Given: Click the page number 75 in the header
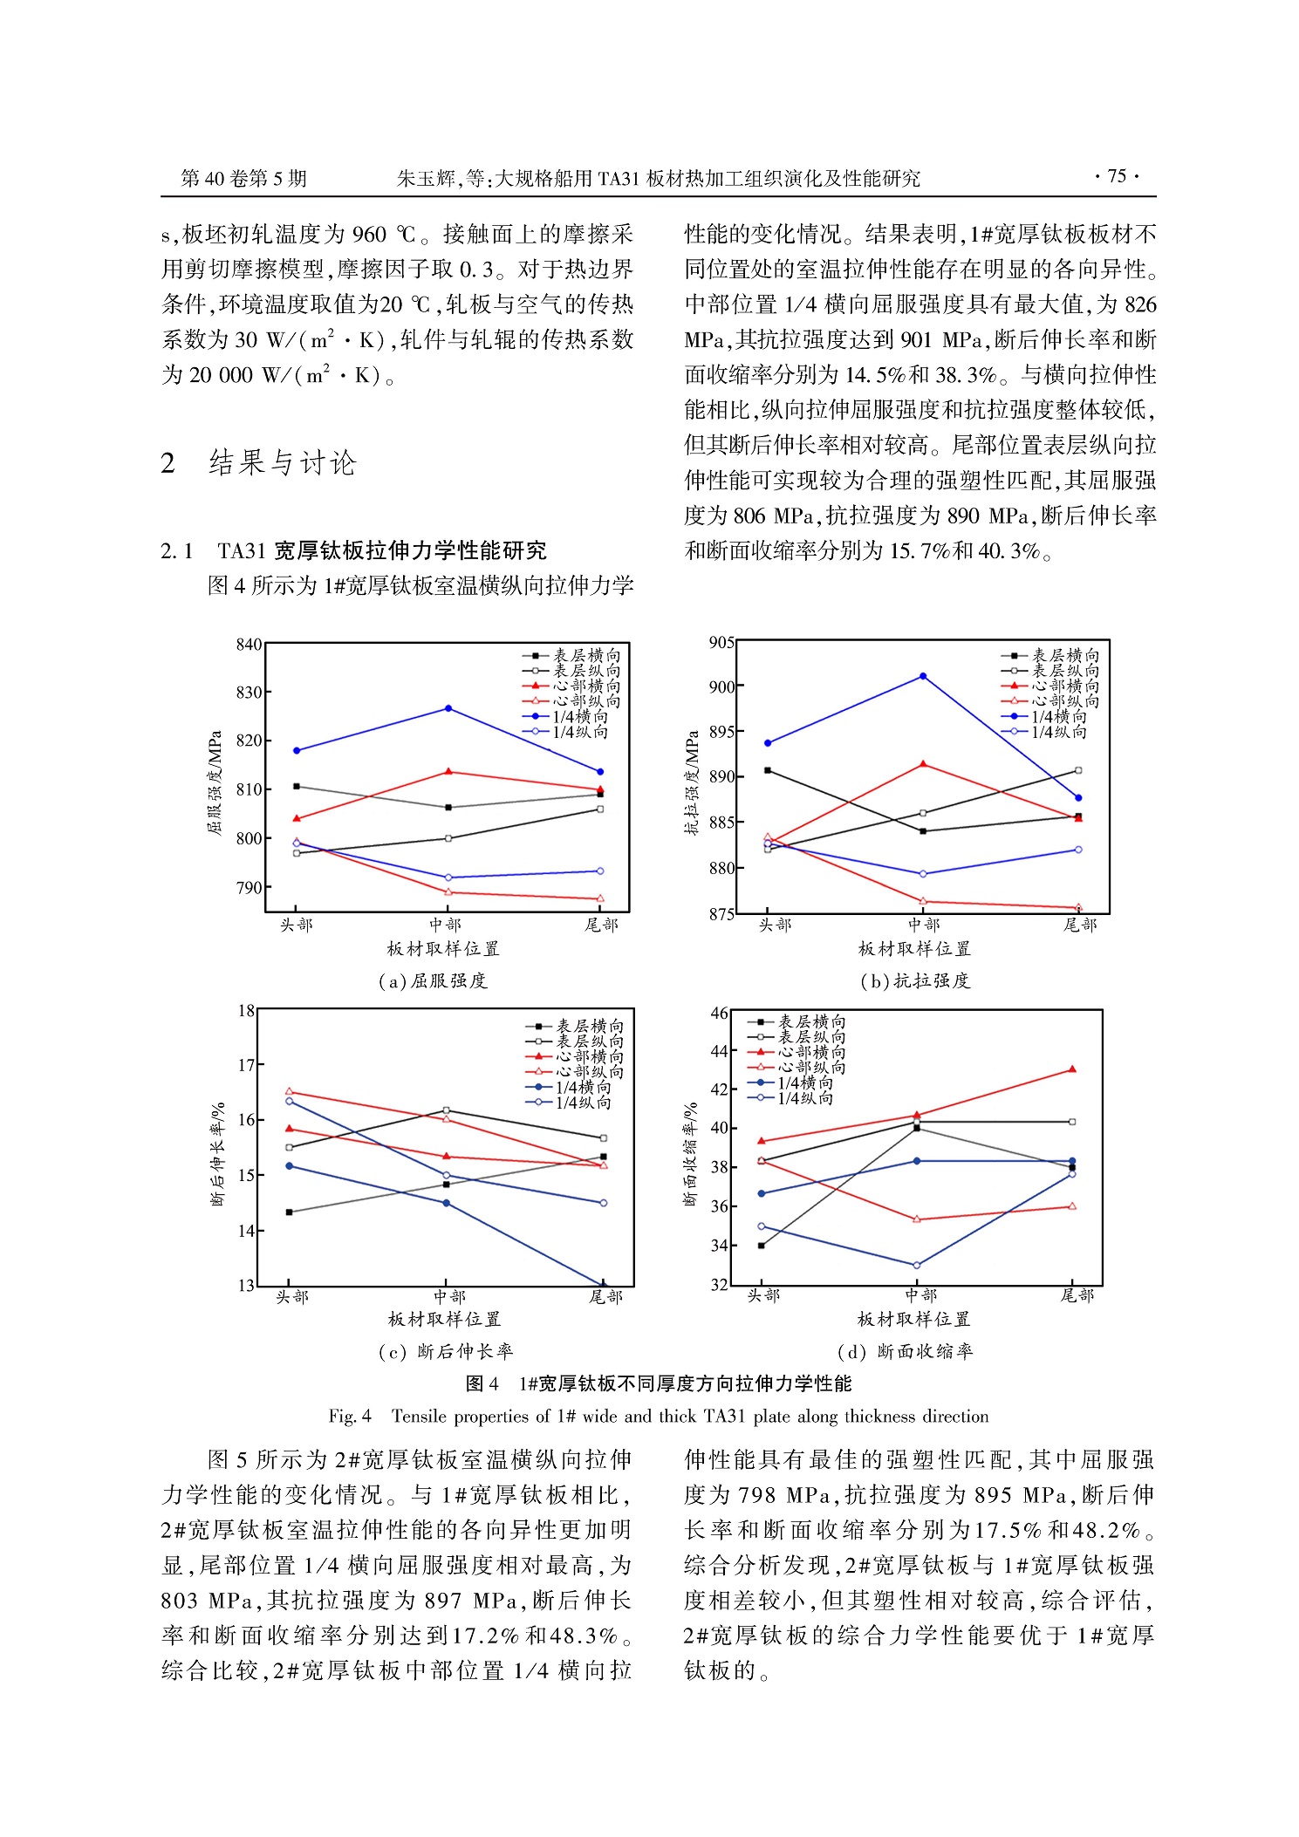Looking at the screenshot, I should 1117,176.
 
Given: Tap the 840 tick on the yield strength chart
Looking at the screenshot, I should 249,645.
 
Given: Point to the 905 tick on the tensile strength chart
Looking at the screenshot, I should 721,643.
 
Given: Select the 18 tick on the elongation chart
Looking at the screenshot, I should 246,1011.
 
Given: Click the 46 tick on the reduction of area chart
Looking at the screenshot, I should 719,1013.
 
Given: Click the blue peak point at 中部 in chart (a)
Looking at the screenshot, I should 448,708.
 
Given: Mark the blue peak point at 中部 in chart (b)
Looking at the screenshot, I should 923,677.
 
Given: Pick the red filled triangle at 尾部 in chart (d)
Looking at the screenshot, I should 1072,1069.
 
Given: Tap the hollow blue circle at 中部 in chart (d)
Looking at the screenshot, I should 916,1265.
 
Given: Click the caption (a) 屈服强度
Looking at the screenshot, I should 433,981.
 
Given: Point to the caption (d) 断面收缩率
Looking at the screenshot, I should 905,1351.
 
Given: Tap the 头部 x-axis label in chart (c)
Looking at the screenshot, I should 292,1297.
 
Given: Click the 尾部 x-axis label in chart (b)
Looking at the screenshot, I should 1079,925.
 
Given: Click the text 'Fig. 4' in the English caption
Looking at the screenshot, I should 350,1416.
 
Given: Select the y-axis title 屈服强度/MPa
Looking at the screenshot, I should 215,782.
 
